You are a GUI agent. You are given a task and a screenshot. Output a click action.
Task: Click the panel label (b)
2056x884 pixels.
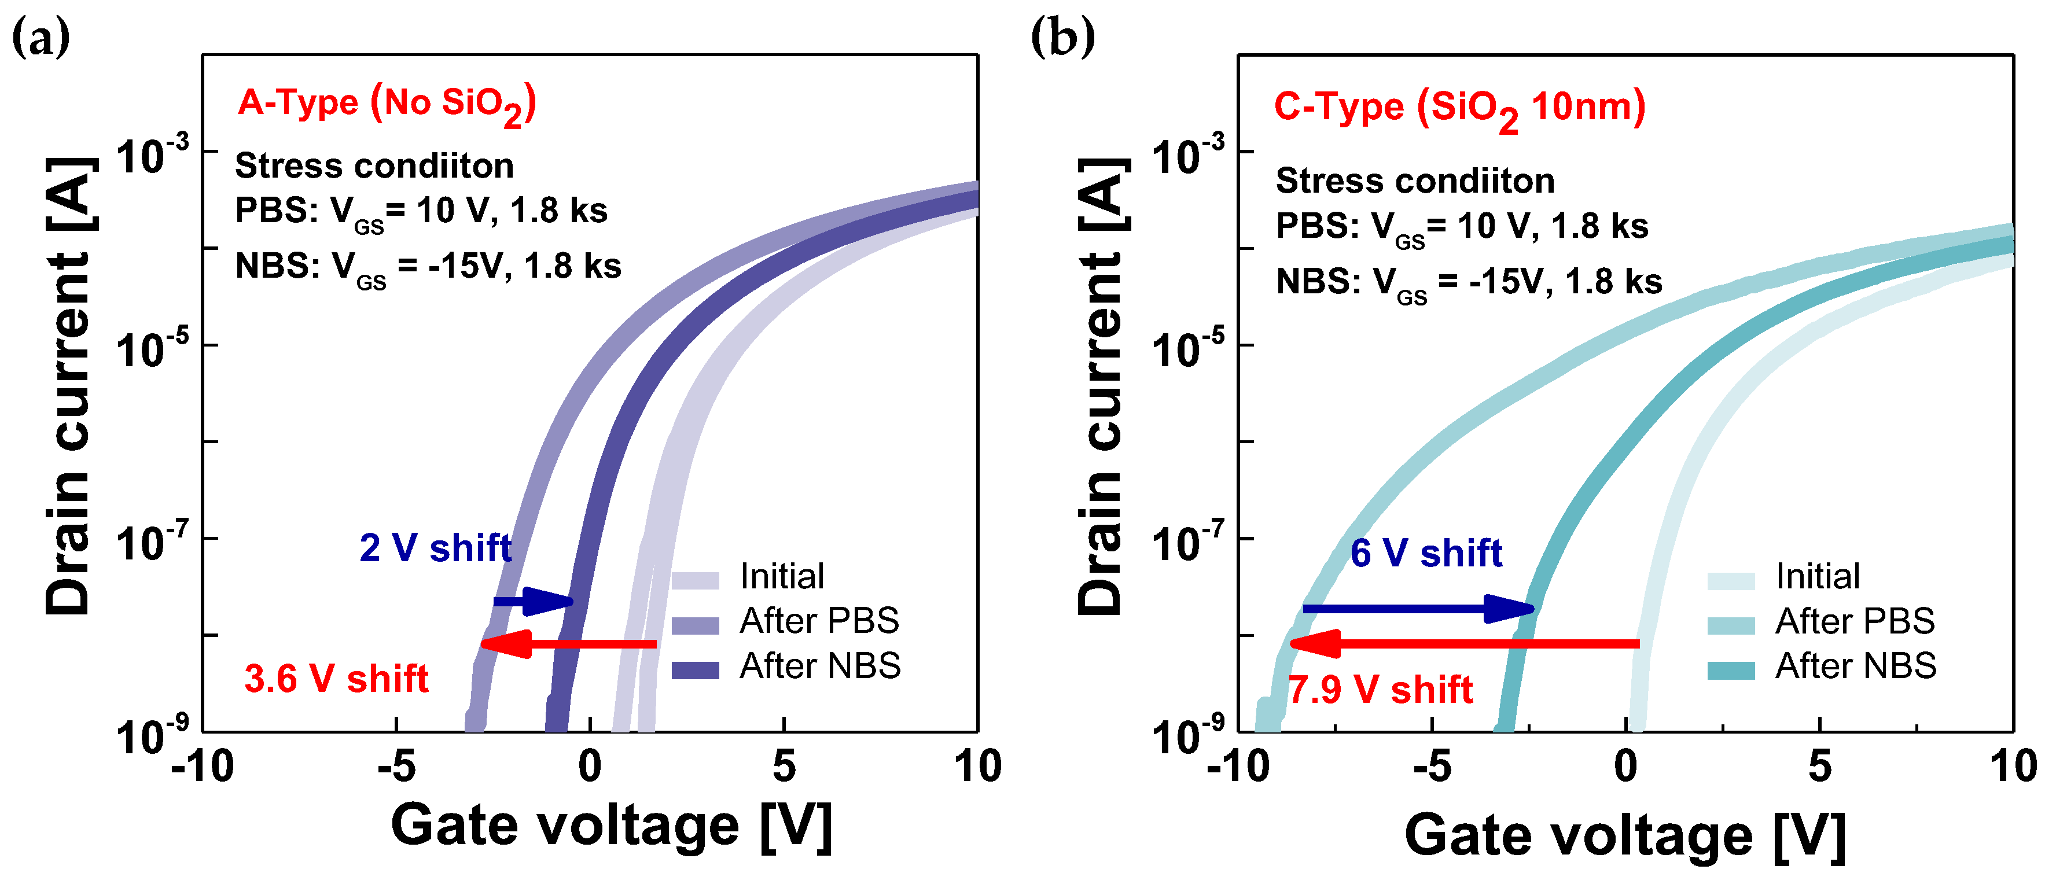tap(1062, 38)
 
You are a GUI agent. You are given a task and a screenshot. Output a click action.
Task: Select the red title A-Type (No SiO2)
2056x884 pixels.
tap(387, 105)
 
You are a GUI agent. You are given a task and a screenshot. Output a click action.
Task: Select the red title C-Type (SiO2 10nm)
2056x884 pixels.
tap(1459, 109)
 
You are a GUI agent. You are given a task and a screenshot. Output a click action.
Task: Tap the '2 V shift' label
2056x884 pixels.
tap(435, 548)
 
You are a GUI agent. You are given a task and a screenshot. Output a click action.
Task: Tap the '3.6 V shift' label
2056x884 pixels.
tap(336, 679)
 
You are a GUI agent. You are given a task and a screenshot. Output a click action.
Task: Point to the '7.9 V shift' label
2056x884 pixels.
tap(1380, 690)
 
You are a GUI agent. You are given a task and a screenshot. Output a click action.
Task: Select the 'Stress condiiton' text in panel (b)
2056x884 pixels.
tap(1414, 181)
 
